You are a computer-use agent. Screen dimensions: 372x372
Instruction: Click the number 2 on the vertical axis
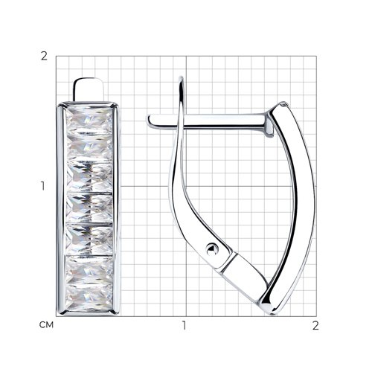(x=44, y=57)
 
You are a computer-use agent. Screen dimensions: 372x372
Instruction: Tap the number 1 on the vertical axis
(x=43, y=186)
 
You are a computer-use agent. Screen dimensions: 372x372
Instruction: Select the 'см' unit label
(x=46, y=325)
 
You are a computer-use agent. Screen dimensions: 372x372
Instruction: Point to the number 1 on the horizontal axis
(x=184, y=325)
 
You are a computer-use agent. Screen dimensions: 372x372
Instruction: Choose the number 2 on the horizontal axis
(x=315, y=325)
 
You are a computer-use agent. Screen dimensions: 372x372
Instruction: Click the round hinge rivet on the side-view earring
(x=212, y=249)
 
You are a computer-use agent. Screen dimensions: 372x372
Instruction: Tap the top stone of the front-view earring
(x=89, y=121)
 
